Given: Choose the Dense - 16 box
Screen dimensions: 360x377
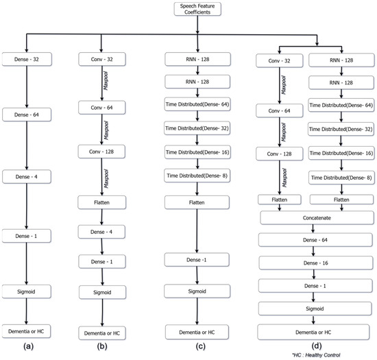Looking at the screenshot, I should (317, 263).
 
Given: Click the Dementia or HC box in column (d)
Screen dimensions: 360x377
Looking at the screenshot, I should (317, 331).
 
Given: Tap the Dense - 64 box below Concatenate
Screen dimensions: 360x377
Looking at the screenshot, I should (317, 240).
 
